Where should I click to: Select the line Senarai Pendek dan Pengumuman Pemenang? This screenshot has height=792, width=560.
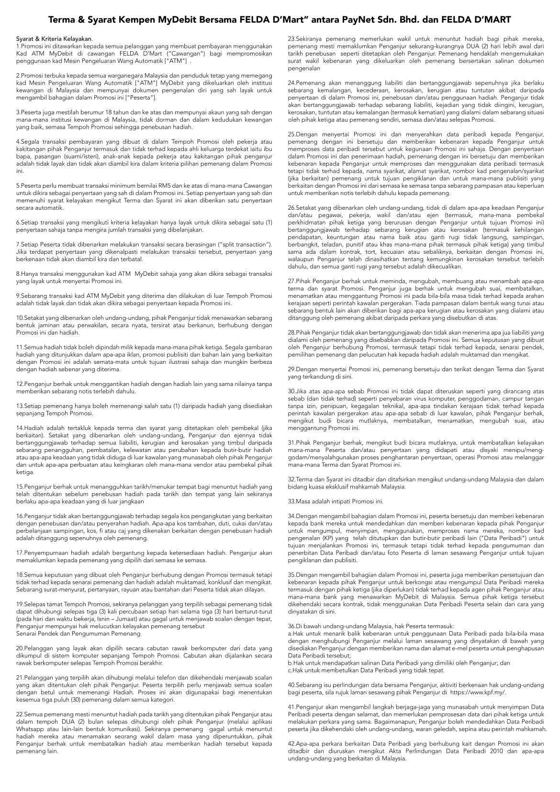78,634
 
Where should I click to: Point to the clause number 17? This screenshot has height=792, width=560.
20,553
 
